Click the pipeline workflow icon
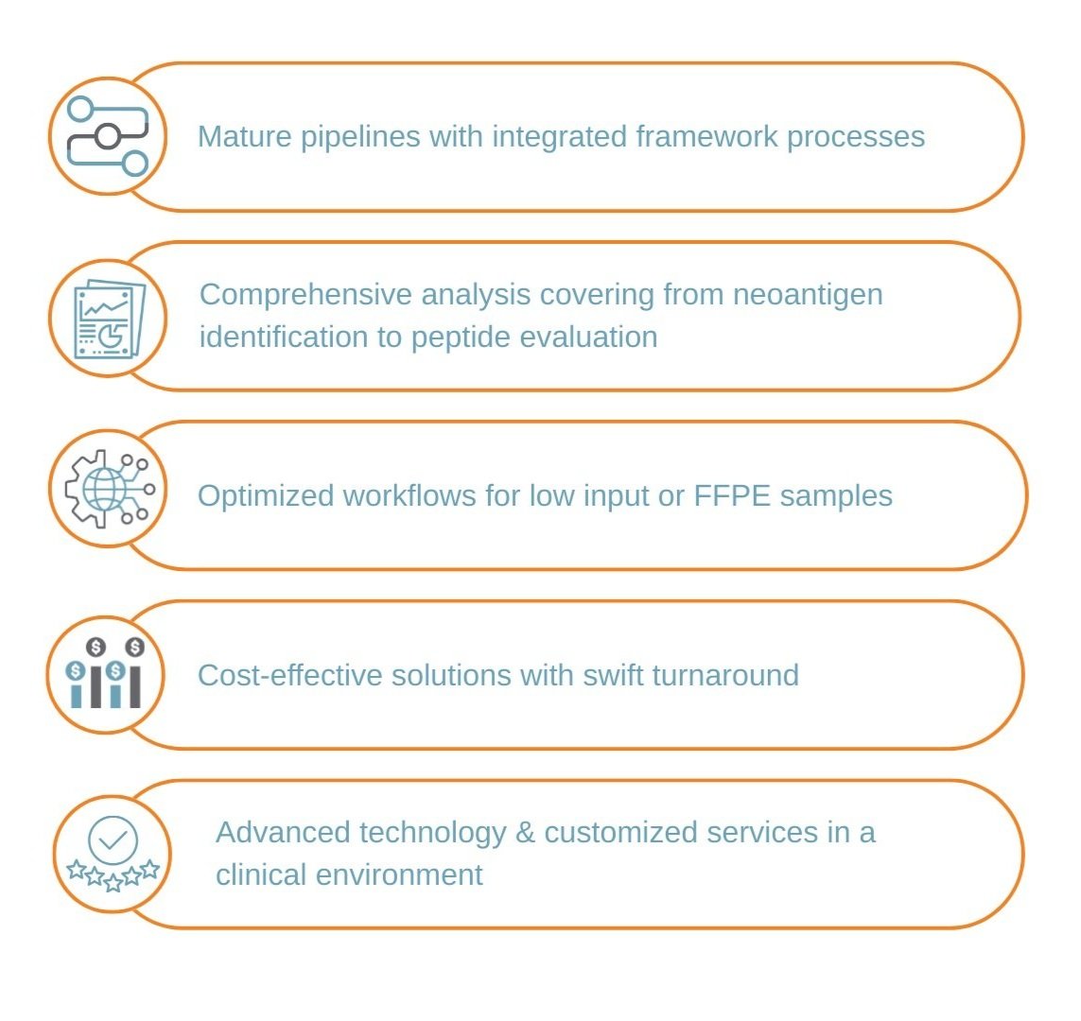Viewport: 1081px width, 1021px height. click(108, 136)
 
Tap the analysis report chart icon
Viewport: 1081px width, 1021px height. click(108, 317)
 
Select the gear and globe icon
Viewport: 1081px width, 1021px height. click(108, 489)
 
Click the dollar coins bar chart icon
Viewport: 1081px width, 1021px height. click(106, 673)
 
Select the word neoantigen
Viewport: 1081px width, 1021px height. click(809, 294)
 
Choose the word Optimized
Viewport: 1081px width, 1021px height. click(266, 495)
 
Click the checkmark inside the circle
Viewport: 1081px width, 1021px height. click(113, 839)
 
